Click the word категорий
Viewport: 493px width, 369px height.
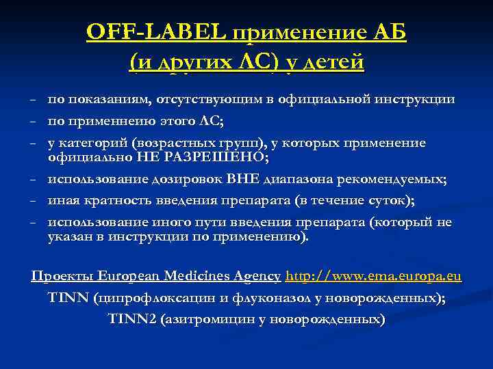tap(94, 143)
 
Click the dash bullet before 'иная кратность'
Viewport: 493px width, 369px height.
tap(33, 202)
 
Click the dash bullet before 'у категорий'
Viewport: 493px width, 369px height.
tap(33, 143)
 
